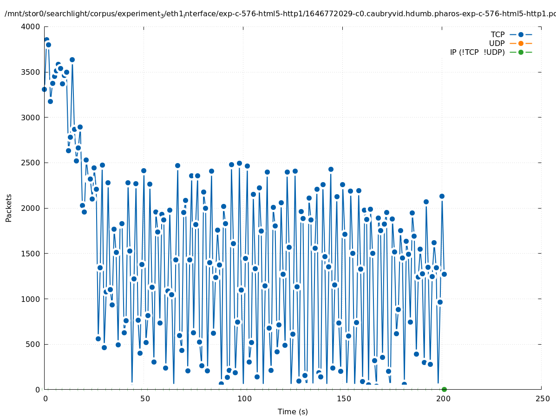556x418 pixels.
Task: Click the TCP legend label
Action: [497, 35]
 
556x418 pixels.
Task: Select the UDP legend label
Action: [497, 44]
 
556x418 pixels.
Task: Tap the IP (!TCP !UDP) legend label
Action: [477, 52]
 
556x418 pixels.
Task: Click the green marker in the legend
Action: [521, 52]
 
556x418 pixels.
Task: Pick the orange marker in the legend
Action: [521, 44]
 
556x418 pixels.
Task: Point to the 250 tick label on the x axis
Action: [542, 399]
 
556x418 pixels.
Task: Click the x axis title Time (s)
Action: [293, 412]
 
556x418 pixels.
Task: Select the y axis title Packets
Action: [9, 208]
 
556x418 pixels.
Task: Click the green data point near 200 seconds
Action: [444, 389]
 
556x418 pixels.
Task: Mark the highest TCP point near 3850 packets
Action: [46, 40]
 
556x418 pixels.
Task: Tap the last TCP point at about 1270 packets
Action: [444, 274]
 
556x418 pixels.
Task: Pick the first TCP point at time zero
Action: [45, 89]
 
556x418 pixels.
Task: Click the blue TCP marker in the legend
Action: [521, 35]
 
